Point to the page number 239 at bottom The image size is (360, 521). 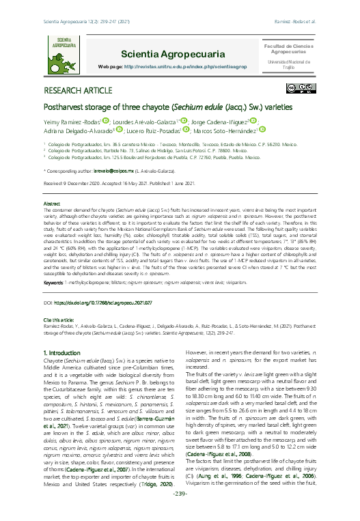(x=180, y=512)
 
